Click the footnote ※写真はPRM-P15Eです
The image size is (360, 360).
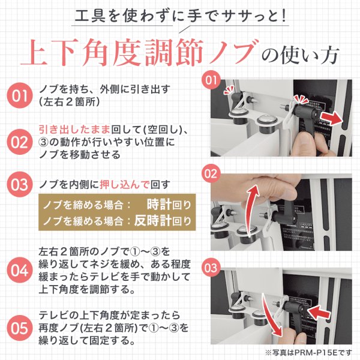pyautogui.click(x=308, y=352)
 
